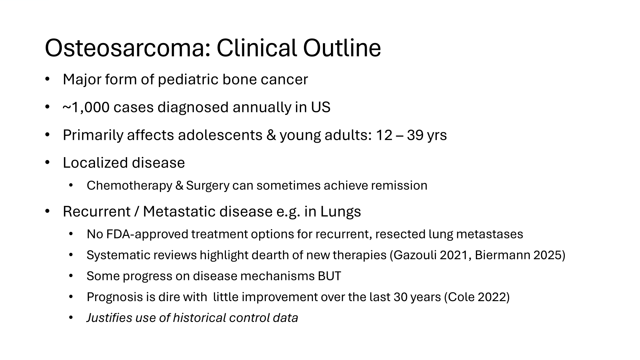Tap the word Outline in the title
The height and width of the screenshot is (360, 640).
click(342, 48)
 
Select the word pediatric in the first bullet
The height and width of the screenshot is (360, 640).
click(188, 80)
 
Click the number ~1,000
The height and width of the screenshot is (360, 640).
click(86, 108)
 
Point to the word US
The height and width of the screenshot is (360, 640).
click(321, 107)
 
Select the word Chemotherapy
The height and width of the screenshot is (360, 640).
click(129, 186)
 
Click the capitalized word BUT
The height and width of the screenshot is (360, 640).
click(329, 276)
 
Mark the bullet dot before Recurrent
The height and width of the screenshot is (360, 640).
click(47, 212)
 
